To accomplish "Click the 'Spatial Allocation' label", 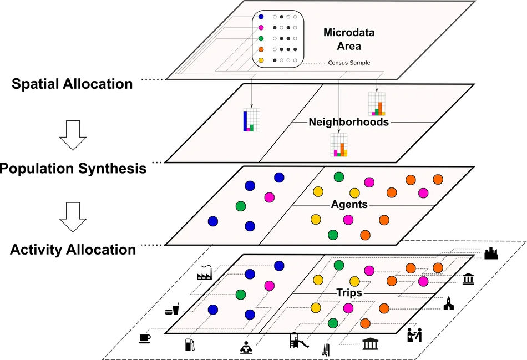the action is [72, 84].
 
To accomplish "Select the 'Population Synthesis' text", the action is [73, 169].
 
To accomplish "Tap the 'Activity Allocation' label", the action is [73, 250].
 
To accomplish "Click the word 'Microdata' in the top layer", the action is [349, 32].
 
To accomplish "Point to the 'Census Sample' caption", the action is [349, 63].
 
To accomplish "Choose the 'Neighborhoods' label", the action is [348, 121].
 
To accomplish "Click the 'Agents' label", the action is [349, 204].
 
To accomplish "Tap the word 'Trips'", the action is [349, 292].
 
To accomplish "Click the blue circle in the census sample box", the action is [261, 17].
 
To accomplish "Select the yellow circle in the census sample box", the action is [261, 60].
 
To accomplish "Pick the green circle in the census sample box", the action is [261, 39].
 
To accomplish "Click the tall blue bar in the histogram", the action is [245, 121].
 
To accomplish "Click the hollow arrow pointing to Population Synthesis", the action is [73, 135].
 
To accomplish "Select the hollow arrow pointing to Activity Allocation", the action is [73, 217].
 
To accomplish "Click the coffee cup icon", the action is [145, 338].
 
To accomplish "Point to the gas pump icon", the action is [190, 345].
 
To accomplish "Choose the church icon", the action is [449, 303].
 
